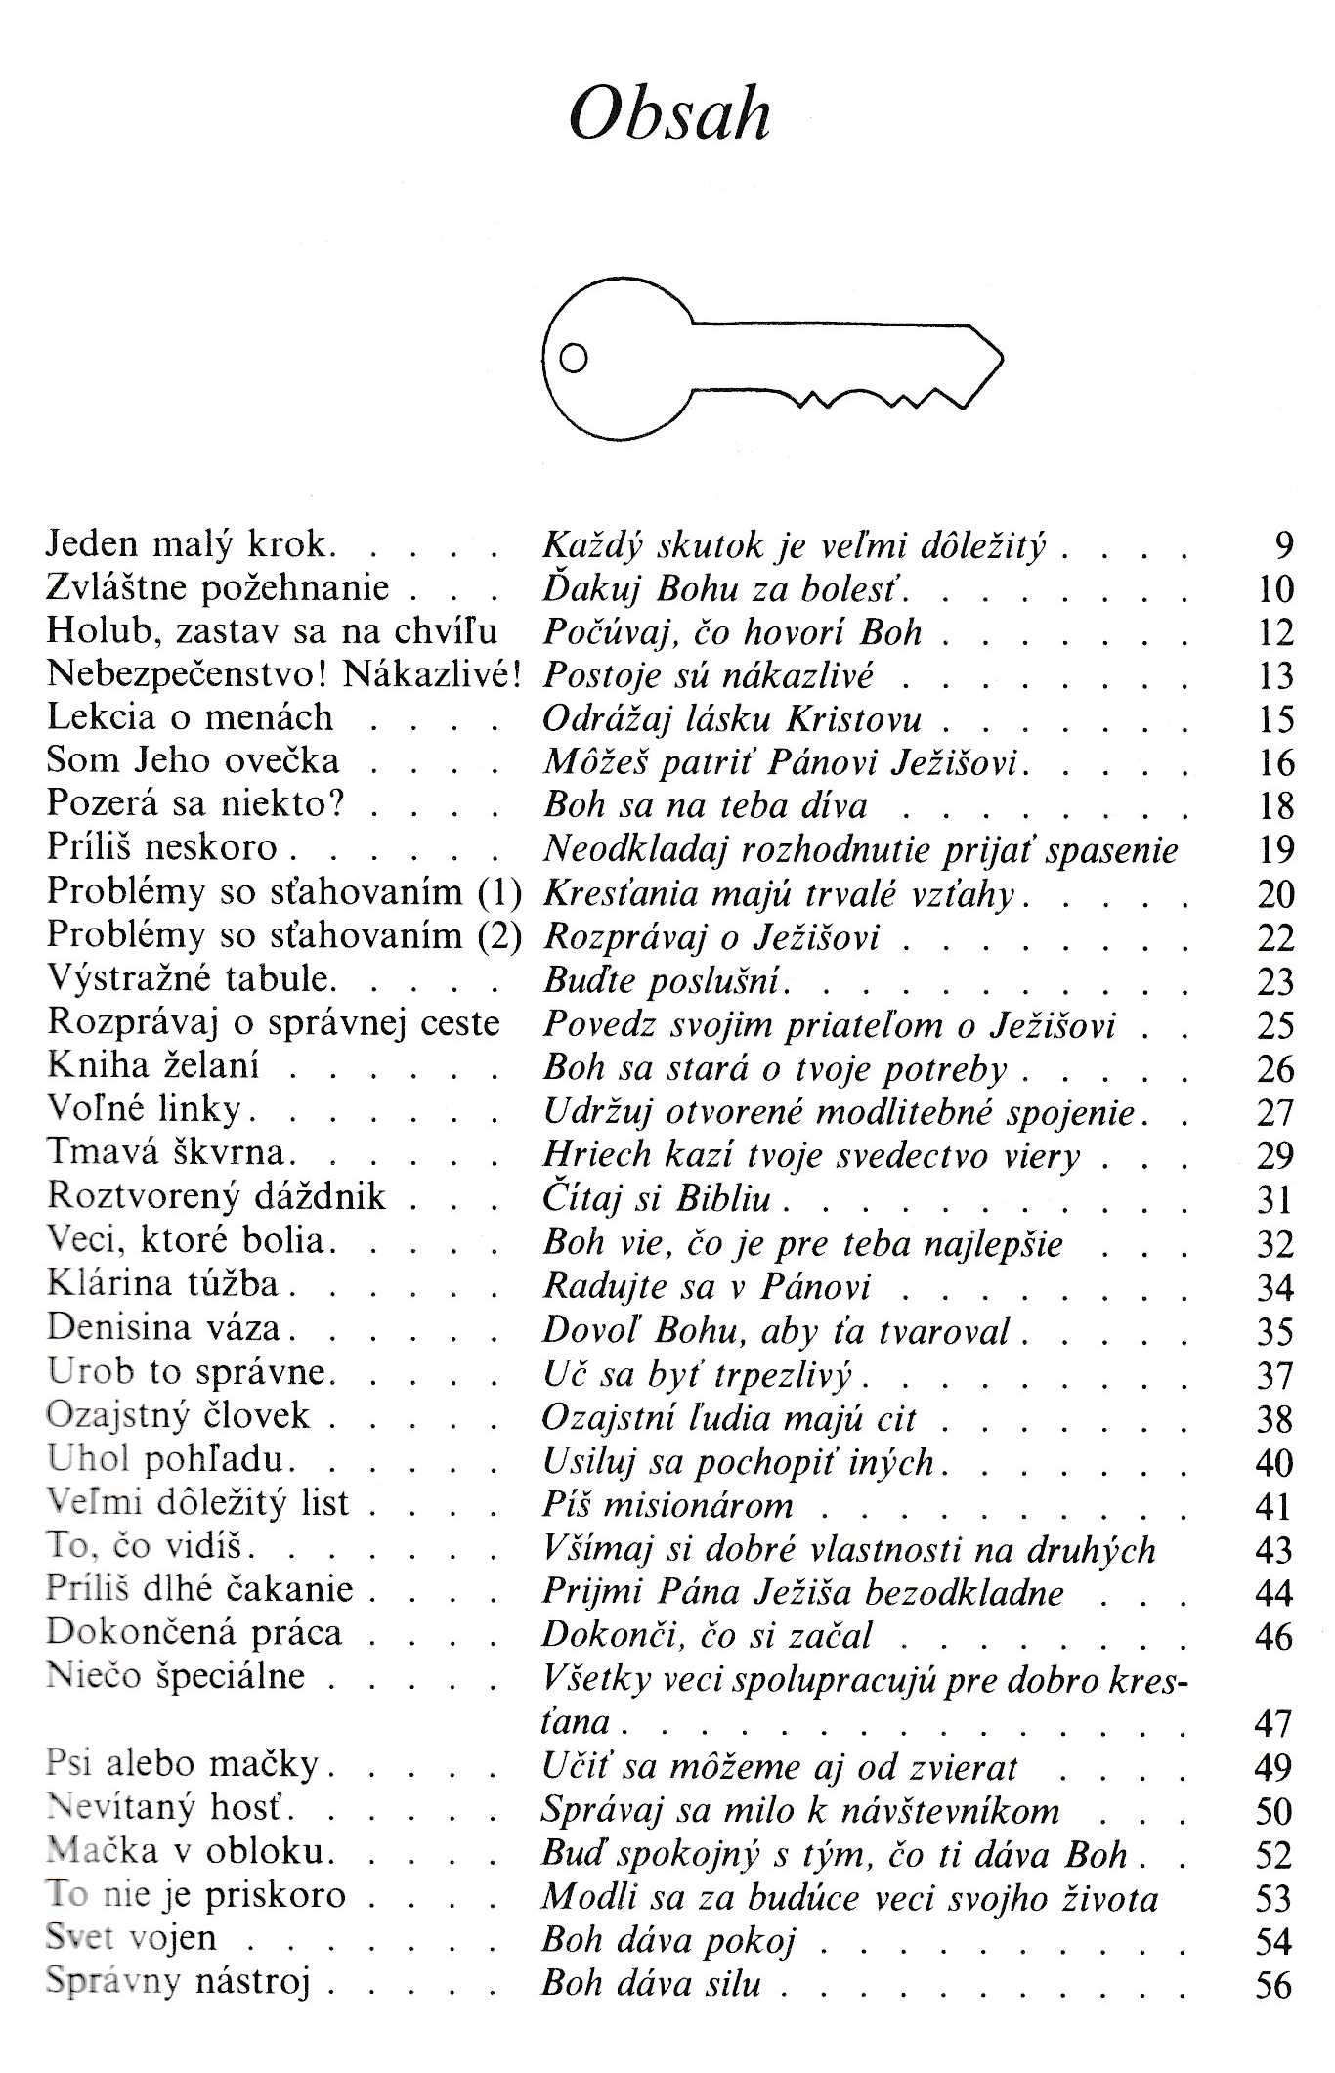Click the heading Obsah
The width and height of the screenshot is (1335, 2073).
coord(669,116)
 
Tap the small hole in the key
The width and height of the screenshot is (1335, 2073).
coord(574,360)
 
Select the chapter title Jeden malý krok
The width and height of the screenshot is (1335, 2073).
coord(192,544)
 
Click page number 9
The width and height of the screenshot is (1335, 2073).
coord(1284,545)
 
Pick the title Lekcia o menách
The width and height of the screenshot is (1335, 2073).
coord(191,717)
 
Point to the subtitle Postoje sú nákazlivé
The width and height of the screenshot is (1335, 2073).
coord(708,674)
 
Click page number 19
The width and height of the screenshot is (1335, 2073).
coord(1275,849)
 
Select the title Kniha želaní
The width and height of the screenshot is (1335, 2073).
coord(153,1065)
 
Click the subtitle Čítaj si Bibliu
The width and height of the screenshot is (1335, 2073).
coord(657,1197)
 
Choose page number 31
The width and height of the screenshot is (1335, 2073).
coord(1275,1199)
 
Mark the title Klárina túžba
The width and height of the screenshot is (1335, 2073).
coord(163,1283)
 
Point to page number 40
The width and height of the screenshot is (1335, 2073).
coord(1274,1463)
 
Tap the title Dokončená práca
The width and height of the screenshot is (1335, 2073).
coord(194,1633)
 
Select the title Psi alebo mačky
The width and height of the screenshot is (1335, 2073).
coord(183,1764)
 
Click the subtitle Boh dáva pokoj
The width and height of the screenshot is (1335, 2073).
coord(668,1939)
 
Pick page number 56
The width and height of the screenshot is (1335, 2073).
coord(1274,1985)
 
